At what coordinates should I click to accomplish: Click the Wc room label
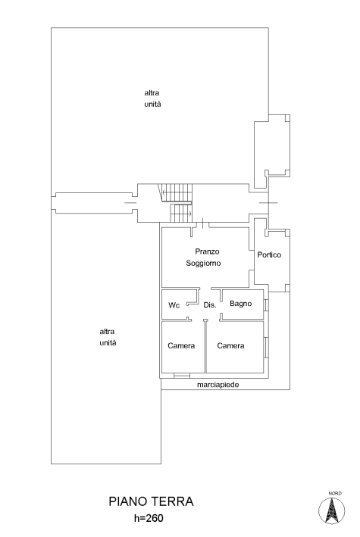click(174, 305)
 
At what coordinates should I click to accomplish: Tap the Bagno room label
click(241, 304)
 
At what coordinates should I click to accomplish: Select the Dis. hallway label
click(210, 304)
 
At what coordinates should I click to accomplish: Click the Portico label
click(269, 254)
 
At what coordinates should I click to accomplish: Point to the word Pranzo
click(207, 251)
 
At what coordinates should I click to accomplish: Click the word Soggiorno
click(203, 263)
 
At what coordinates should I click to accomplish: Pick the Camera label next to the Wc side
click(181, 345)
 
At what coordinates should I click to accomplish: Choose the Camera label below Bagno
click(230, 345)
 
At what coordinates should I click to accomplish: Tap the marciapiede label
click(218, 385)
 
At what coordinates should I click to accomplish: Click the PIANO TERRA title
click(152, 501)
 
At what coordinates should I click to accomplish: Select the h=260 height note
click(149, 518)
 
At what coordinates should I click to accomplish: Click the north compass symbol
click(331, 510)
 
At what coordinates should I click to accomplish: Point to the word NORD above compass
click(335, 493)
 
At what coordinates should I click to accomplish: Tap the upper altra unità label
click(152, 98)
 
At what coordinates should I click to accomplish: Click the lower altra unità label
click(108, 337)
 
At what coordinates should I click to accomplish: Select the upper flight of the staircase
click(176, 193)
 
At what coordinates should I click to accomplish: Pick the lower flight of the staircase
click(181, 213)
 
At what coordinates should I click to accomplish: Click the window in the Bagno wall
click(266, 304)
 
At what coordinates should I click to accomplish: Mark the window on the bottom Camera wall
click(182, 376)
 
